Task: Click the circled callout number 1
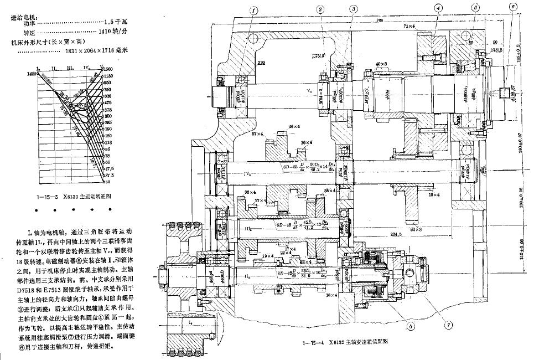click(x=254, y=9)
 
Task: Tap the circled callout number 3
click(x=353, y=9)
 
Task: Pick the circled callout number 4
click(x=438, y=8)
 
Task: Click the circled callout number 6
click(x=514, y=7)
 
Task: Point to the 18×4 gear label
click(x=433, y=194)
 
